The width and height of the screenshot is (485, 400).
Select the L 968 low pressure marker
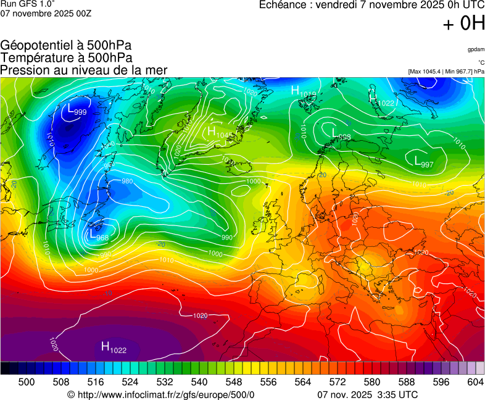[99, 235]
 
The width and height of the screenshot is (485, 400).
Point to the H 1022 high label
[114, 348]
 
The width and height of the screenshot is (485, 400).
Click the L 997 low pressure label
[423, 162]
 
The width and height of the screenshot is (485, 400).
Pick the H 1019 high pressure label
[303, 92]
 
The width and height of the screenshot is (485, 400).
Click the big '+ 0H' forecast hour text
[463, 23]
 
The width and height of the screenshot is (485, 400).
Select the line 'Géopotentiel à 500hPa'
[66, 46]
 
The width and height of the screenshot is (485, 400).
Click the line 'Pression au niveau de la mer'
[84, 70]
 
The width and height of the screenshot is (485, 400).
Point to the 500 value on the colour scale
[27, 383]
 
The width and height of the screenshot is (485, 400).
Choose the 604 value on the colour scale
[475, 383]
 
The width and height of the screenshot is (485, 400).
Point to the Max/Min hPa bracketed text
[446, 72]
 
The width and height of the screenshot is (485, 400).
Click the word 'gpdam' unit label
[476, 49]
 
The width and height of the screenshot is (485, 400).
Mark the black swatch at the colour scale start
[5, 368]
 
